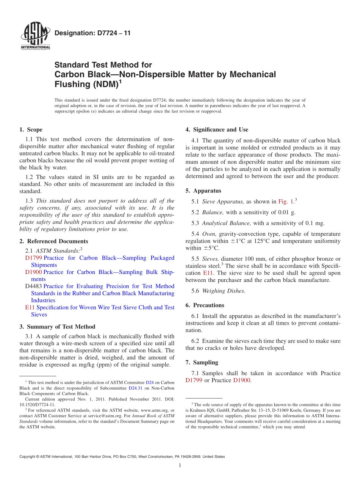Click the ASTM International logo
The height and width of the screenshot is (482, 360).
click(35, 37)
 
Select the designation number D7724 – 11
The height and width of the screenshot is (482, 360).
click(92, 33)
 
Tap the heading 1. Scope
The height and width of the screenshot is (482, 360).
click(31, 130)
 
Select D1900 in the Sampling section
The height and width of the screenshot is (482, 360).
click(241, 380)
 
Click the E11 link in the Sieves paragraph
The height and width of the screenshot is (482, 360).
click(208, 273)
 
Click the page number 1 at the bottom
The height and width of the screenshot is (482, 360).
click(180, 465)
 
